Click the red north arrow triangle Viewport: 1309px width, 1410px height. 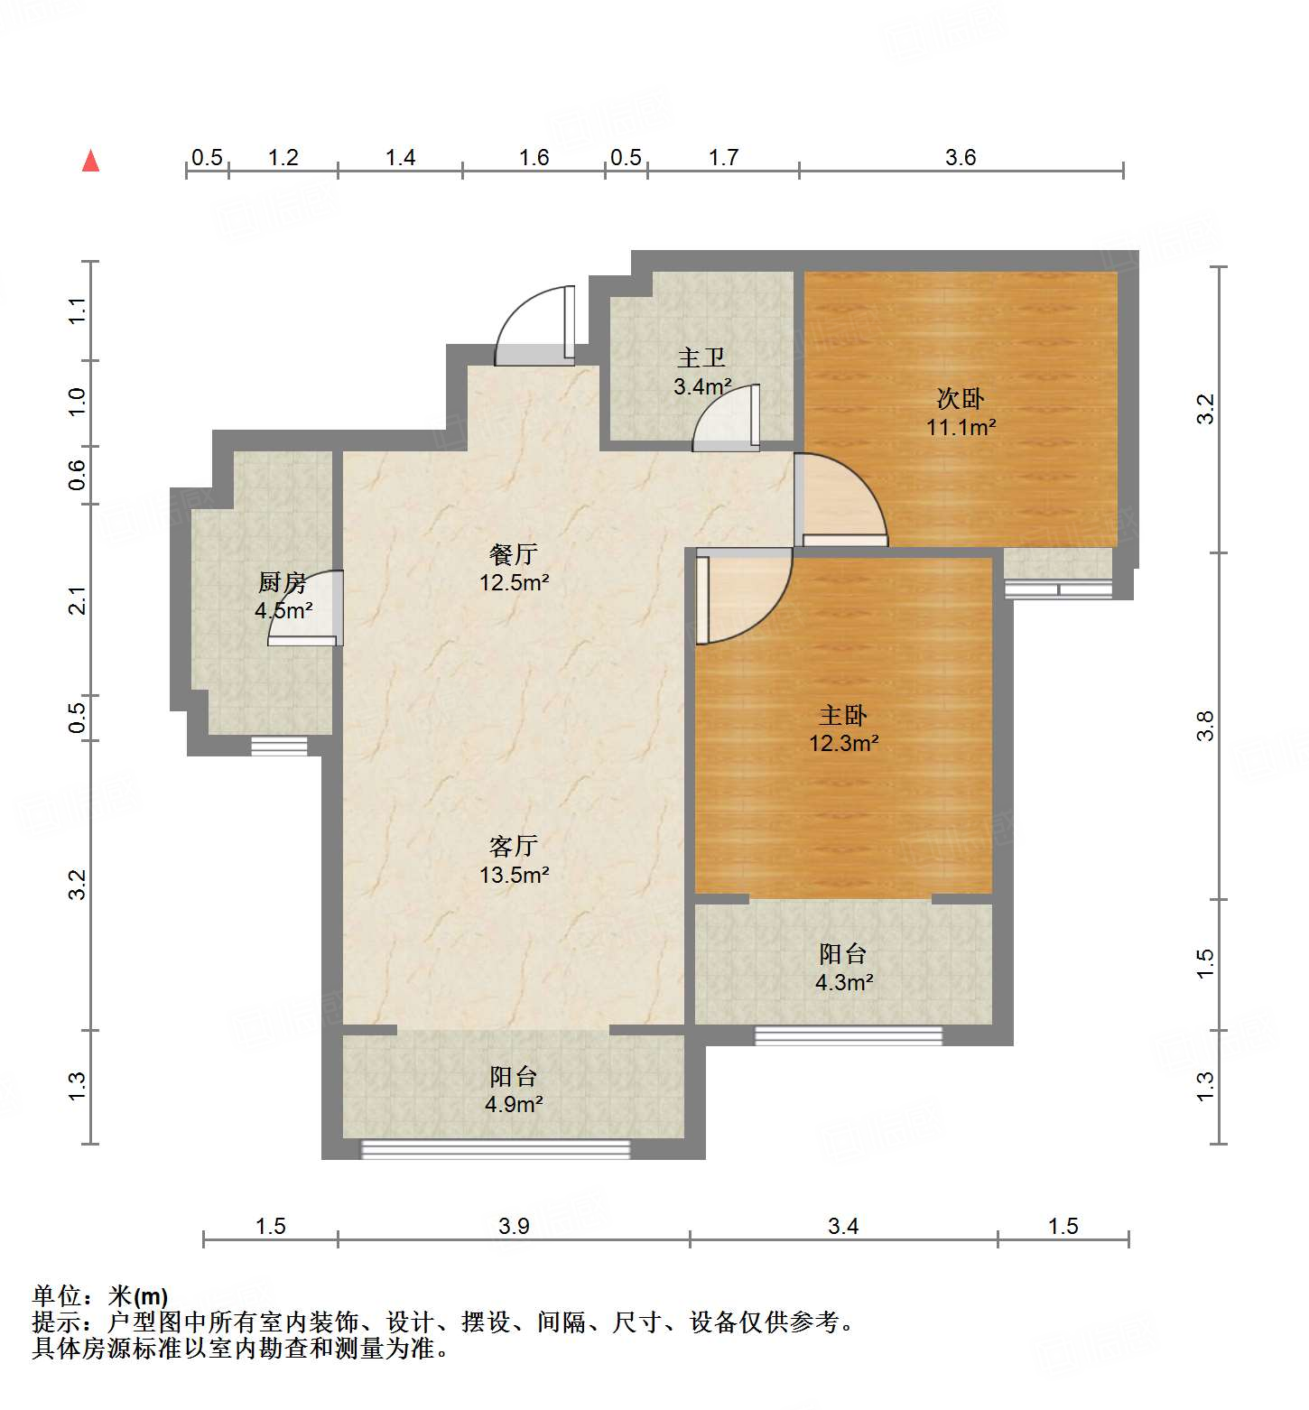[x=90, y=162]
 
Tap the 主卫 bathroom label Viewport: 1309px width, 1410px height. [x=701, y=358]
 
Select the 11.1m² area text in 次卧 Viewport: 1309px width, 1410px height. [x=961, y=427]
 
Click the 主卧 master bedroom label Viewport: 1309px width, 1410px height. [x=843, y=716]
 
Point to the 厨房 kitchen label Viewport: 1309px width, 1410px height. [x=283, y=583]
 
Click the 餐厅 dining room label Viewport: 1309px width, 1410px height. [x=514, y=554]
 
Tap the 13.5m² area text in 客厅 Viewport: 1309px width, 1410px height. [x=515, y=875]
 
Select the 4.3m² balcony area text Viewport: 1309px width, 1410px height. [x=844, y=982]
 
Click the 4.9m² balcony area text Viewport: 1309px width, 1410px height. [x=514, y=1104]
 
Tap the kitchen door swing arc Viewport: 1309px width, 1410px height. [x=307, y=607]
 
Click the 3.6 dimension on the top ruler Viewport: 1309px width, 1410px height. [x=961, y=158]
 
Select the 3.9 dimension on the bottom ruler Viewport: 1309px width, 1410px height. [x=514, y=1226]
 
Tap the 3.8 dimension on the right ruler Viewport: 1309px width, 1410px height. [x=1205, y=727]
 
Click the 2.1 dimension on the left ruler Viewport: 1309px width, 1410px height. [x=79, y=600]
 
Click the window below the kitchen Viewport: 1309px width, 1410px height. [x=279, y=746]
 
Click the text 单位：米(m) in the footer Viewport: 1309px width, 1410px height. [x=100, y=1296]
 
